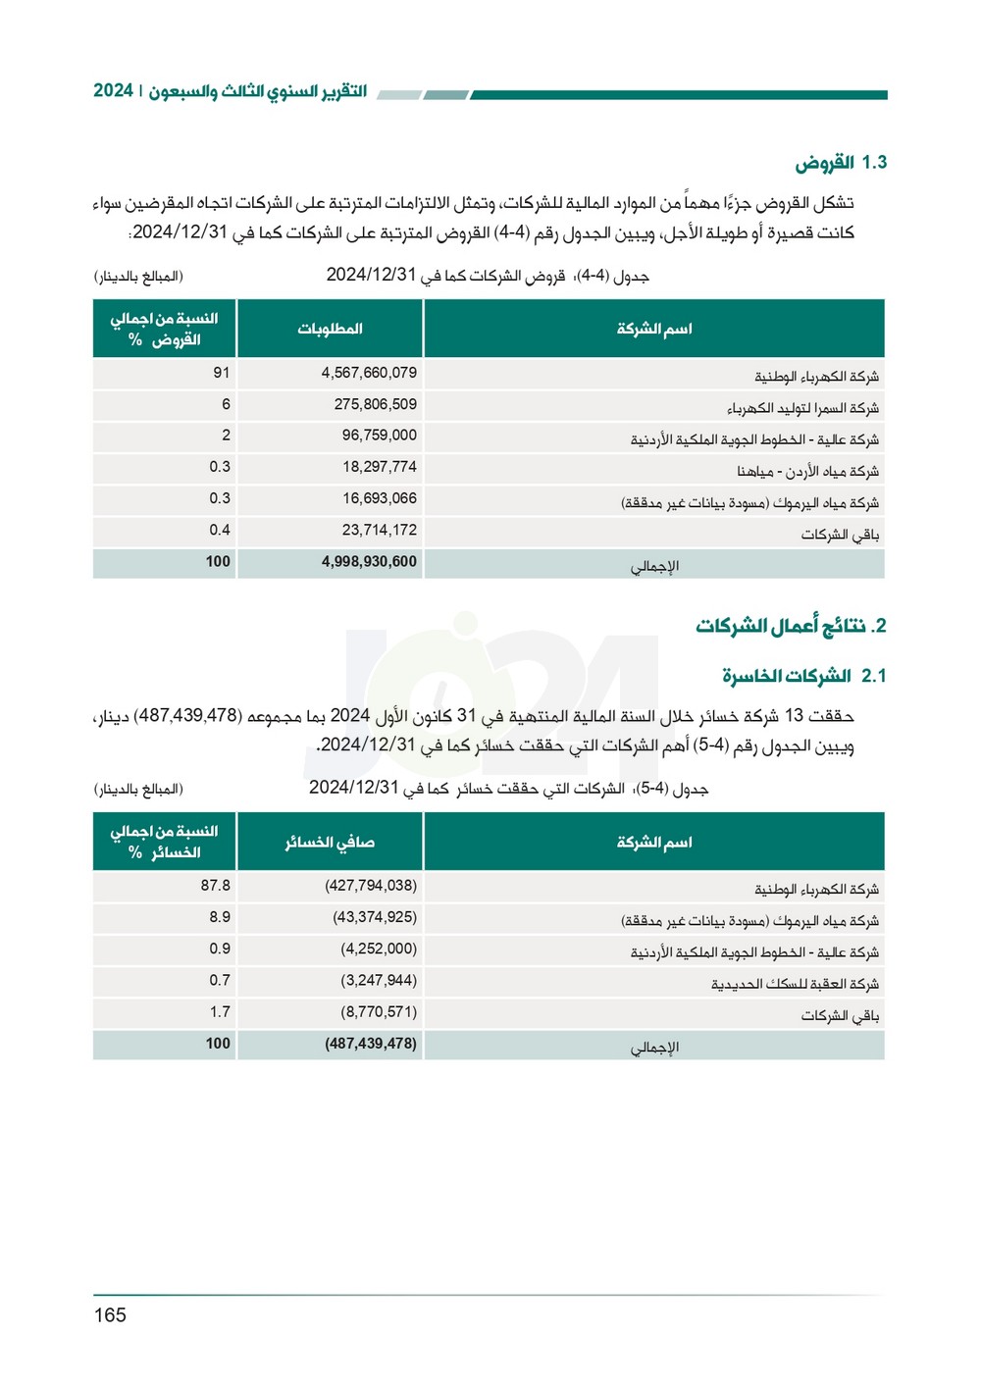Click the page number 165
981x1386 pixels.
pyautogui.click(x=110, y=1315)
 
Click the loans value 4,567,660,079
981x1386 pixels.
pyautogui.click(x=369, y=373)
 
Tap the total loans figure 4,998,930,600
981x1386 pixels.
pyautogui.click(x=369, y=562)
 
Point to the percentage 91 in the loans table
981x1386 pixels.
pyautogui.click(x=222, y=373)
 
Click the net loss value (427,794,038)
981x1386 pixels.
pyautogui.click(x=371, y=886)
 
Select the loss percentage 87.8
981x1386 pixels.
pyautogui.click(x=216, y=886)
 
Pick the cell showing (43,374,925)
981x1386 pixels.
pyautogui.click(x=375, y=917)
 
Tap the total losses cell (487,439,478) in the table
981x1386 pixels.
pyautogui.click(x=371, y=1044)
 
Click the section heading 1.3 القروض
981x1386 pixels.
pyautogui.click(x=841, y=163)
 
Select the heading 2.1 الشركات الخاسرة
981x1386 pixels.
pyautogui.click(x=804, y=676)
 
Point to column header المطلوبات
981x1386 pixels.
pyautogui.click(x=330, y=329)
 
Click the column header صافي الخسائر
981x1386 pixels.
pyautogui.click(x=330, y=842)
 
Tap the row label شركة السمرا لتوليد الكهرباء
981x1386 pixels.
pyautogui.click(x=802, y=408)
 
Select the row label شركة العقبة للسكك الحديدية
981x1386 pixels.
pyautogui.click(x=795, y=984)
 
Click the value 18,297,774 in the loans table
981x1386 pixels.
pyautogui.click(x=380, y=467)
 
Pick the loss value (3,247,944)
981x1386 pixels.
pyautogui.click(x=379, y=980)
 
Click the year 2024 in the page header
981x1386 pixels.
pyautogui.click(x=113, y=90)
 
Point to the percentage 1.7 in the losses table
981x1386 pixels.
pyautogui.click(x=220, y=1011)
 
